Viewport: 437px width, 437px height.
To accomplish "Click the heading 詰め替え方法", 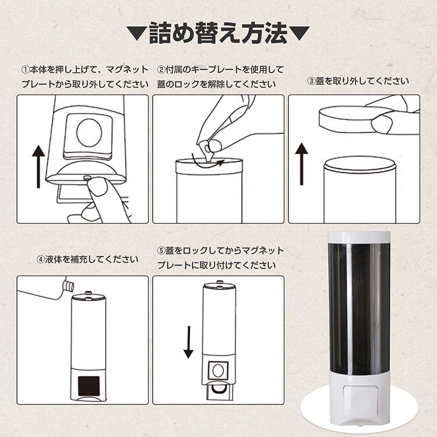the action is click(218, 33).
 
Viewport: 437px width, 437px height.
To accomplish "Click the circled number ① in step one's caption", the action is click(26, 70).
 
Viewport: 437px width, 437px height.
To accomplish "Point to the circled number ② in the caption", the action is click(161, 70).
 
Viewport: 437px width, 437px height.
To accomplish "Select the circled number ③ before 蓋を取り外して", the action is click(311, 82).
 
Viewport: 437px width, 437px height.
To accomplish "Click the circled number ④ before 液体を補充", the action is click(41, 260).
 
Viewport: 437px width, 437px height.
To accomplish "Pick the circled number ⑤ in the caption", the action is click(161, 251).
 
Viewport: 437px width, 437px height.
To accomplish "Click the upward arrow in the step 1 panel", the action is click(38, 167).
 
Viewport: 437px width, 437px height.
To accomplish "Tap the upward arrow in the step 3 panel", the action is click(302, 164).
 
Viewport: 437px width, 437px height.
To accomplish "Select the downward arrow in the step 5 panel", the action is click(189, 342).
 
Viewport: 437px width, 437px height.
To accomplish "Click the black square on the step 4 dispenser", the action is click(89, 386).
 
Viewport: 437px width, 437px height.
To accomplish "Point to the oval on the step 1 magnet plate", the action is click(89, 132).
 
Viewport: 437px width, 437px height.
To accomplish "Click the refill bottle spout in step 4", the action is click(69, 284).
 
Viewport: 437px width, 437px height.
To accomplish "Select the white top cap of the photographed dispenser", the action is click(359, 237).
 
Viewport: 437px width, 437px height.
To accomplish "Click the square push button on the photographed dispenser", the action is click(360, 399).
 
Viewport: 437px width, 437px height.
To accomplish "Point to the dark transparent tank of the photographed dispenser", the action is click(360, 308).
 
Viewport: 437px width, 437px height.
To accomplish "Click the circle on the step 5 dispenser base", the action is click(218, 371).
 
